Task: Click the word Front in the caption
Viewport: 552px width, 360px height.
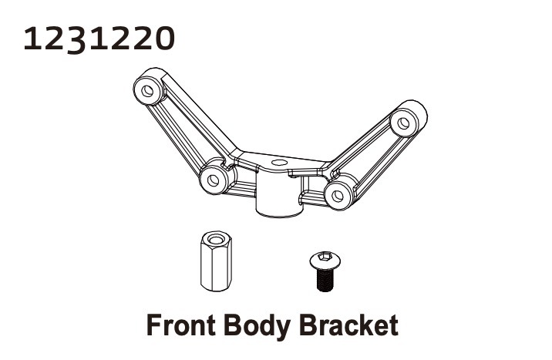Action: point(180,325)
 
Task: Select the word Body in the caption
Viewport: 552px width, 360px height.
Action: point(257,328)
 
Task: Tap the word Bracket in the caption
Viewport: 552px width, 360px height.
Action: point(349,325)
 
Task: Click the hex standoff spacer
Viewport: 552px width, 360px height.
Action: point(216,261)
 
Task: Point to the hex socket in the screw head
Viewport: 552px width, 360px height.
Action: point(325,256)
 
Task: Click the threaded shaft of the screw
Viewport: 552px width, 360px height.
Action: point(325,280)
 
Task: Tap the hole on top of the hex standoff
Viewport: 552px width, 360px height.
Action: point(215,239)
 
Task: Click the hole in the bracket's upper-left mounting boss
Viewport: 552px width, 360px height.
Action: point(147,90)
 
